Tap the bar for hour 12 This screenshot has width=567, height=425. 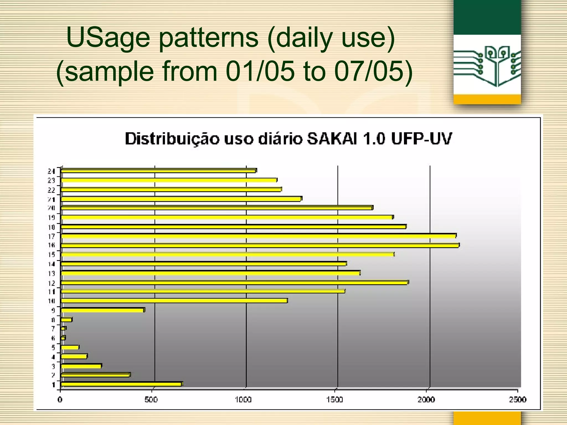click(234, 283)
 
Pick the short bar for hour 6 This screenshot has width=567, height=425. click(63, 338)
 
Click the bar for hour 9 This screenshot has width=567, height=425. click(102, 310)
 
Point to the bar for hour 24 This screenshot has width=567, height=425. click(158, 171)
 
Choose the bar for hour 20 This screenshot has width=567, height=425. click(217, 208)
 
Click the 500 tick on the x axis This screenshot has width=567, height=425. click(151, 400)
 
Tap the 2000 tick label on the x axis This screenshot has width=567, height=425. click(426, 400)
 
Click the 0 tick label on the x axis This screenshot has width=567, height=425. click(60, 400)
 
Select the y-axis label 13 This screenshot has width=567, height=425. click(51, 273)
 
